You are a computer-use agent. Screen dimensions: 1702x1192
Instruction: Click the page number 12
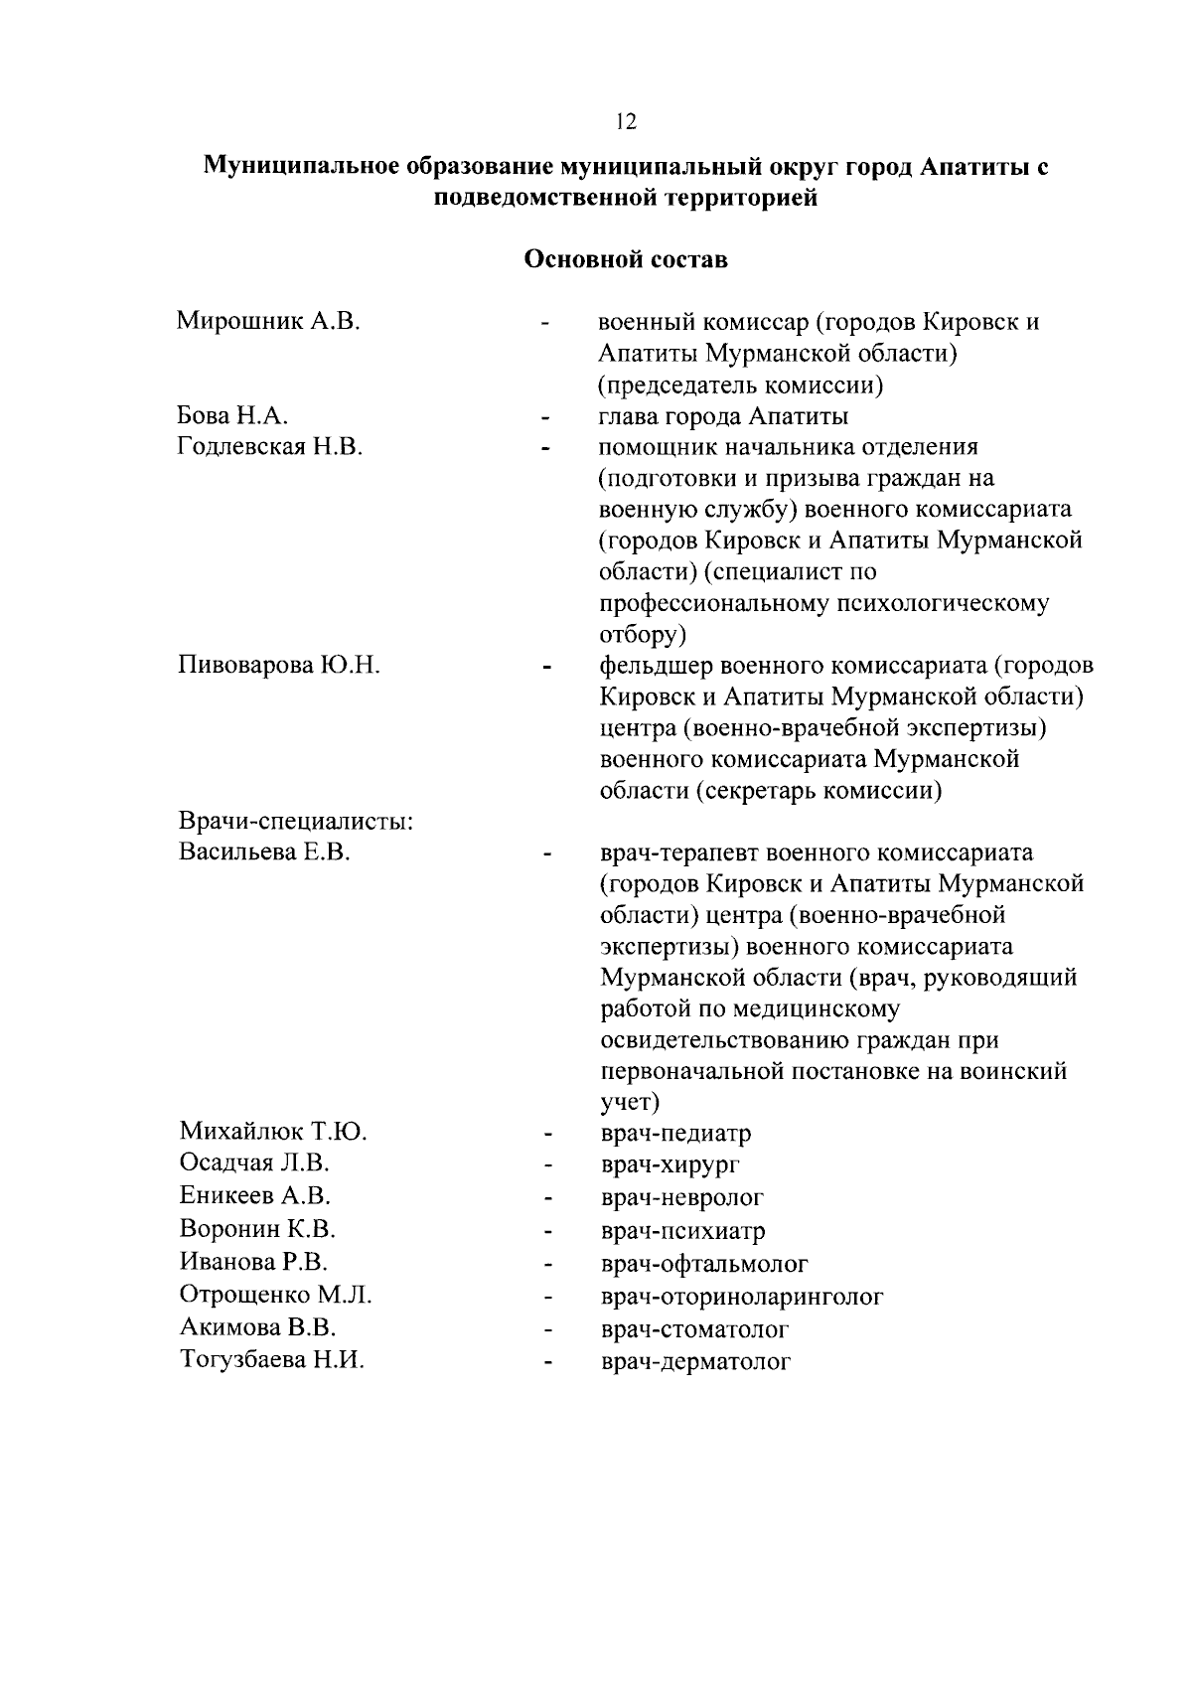tap(625, 122)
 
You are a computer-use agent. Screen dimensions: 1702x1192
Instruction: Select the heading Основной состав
tap(625, 260)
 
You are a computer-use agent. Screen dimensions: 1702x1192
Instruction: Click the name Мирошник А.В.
tap(268, 321)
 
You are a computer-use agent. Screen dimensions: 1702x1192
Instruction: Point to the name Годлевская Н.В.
tap(270, 447)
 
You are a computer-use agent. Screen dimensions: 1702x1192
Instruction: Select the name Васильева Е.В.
tap(264, 852)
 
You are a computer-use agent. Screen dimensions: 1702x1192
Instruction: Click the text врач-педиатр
tap(675, 1133)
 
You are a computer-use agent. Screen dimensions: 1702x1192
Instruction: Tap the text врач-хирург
tap(670, 1164)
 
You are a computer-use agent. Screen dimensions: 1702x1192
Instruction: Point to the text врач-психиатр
tap(682, 1232)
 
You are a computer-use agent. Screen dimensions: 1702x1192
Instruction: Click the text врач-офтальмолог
tap(704, 1264)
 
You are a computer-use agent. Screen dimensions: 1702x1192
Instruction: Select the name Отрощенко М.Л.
tap(275, 1295)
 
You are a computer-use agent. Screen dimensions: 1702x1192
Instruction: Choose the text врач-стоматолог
tap(694, 1329)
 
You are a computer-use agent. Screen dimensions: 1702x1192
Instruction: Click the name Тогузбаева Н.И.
tap(271, 1360)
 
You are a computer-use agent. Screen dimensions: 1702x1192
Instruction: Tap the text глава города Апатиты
tap(723, 415)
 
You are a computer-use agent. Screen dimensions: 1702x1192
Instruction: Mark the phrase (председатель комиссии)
tap(741, 385)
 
